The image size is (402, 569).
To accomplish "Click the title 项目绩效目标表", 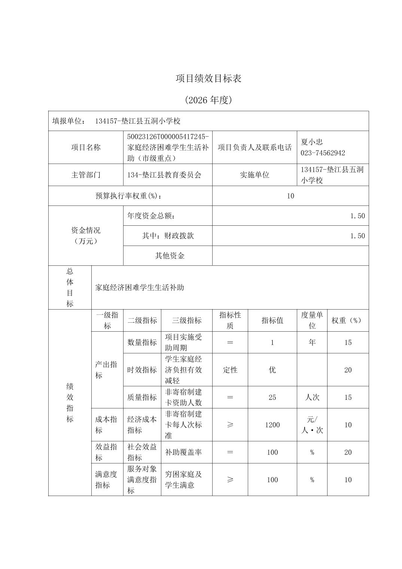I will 208,78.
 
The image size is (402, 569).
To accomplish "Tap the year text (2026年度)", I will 208,100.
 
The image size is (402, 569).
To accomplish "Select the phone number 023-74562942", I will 323,153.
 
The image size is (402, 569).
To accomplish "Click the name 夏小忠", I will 312,142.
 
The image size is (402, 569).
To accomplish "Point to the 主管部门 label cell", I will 86,175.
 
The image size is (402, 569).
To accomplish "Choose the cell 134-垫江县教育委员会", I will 164,175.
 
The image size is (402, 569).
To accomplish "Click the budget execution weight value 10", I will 290,196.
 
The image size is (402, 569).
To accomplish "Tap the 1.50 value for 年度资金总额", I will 357,216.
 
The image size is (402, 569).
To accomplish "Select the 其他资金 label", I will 170,256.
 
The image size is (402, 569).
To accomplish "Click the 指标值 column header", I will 272,320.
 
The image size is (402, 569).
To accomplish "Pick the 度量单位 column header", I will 312,320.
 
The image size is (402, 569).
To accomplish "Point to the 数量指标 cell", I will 142,342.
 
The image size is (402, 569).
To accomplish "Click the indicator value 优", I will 272,370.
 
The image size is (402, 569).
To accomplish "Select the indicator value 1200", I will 272,425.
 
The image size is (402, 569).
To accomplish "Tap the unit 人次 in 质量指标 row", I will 312,397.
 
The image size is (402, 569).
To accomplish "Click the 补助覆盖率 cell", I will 183,452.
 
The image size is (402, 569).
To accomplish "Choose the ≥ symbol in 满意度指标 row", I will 230,480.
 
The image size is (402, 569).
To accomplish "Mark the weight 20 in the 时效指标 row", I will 348,370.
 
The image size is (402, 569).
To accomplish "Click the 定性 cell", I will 230,370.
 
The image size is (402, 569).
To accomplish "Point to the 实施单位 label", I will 255,175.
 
